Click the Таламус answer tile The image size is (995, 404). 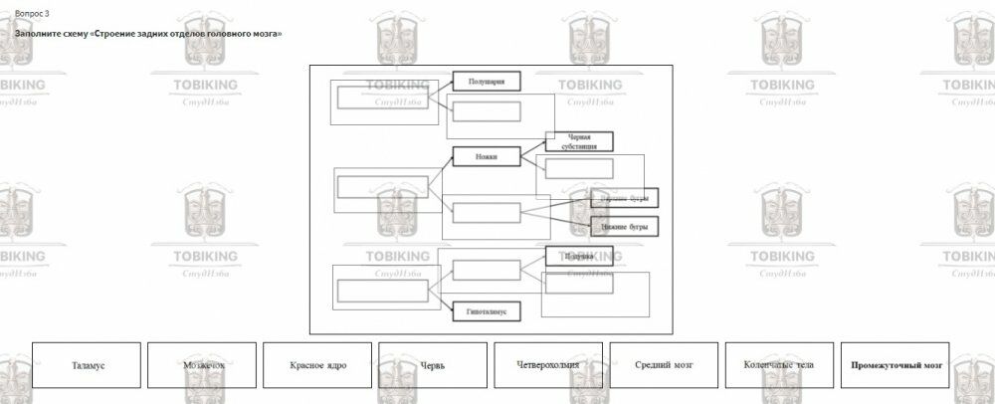coord(87,365)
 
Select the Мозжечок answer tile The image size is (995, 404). coord(202,365)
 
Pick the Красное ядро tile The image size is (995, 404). coord(317,365)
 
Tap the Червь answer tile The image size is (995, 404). coord(433,365)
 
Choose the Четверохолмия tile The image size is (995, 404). coord(548,365)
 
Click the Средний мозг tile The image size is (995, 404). coord(664,365)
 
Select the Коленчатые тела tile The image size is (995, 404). coord(779,365)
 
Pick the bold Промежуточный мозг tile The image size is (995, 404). coord(895,365)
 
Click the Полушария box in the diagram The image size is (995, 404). coord(487,82)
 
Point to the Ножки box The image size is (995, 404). coord(487,156)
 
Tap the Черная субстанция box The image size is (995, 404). coord(579,141)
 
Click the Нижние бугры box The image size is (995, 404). coord(624,226)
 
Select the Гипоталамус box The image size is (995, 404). coord(487,311)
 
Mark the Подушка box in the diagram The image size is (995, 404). coord(579,256)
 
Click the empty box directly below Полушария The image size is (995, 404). coord(487,111)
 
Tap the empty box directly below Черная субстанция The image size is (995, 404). coord(579,168)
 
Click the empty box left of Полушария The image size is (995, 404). coord(382,98)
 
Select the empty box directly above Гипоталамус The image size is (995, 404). coord(487,270)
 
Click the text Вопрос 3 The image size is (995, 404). coord(32,13)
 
